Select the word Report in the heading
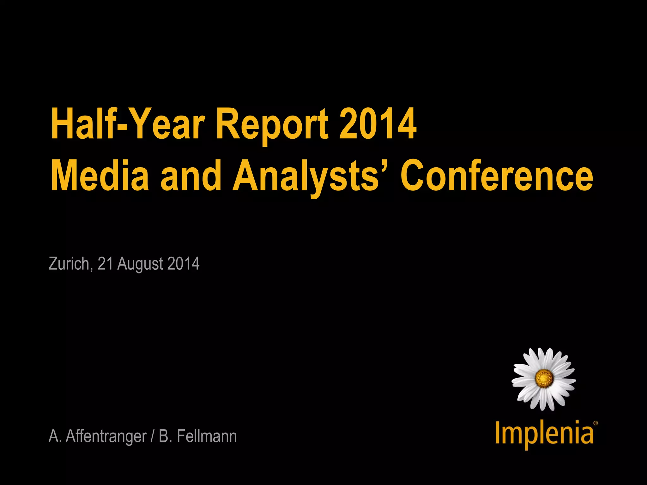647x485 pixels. tap(272, 124)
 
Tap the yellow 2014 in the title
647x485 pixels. tap(378, 124)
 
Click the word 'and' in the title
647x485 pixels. tap(191, 176)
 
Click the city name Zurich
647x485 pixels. tap(70, 264)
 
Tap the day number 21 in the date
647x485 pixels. tap(105, 264)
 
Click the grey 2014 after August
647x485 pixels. tap(183, 264)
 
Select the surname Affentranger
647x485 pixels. tap(106, 436)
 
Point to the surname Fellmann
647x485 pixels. tap(207, 436)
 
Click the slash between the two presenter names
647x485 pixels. tap(153, 436)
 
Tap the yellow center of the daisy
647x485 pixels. tap(544, 378)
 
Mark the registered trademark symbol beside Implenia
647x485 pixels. tap(596, 423)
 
